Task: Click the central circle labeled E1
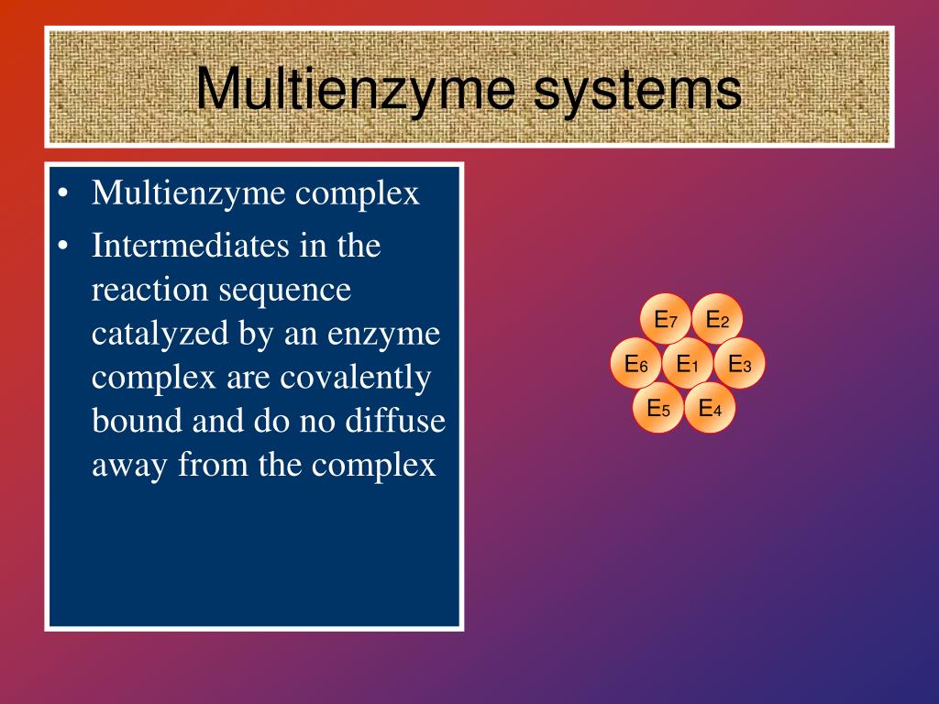[688, 364]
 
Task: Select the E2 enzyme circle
[717, 320]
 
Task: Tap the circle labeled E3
[740, 364]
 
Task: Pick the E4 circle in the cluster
[711, 408]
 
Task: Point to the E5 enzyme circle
[658, 408]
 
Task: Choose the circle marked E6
[636, 364]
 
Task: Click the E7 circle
[666, 320]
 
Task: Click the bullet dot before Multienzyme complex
[61, 194]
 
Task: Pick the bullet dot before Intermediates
[61, 247]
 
